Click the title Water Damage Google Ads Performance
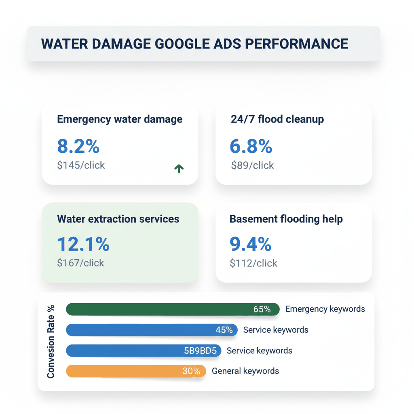pos(194,44)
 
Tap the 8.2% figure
pos(78,146)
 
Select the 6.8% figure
pos(251,146)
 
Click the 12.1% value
pos(83,244)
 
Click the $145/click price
pos(81,165)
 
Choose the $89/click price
pos(252,165)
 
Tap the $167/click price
pos(80,263)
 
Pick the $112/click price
pos(253,263)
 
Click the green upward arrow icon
pos(179,169)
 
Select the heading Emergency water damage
pos(120,119)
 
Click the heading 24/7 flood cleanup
pos(277,119)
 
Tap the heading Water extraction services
pos(118,219)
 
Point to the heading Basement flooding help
pos(286,219)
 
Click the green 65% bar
pos(173,309)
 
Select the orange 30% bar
pos(136,371)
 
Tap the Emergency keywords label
pos(325,309)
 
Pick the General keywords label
pos(245,371)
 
